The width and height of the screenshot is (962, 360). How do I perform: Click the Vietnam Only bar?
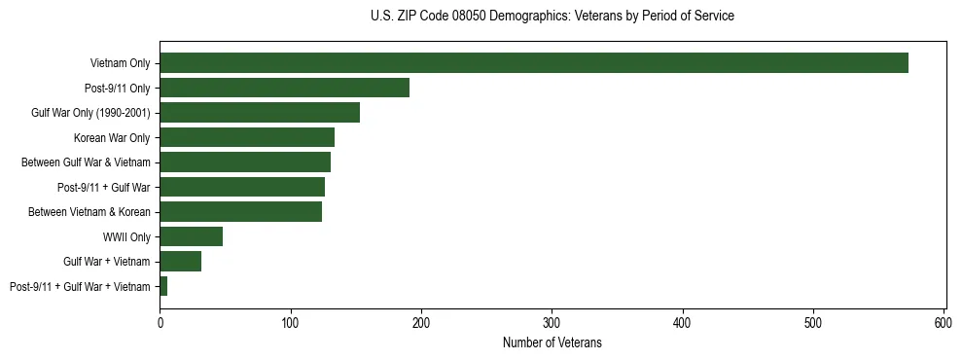pos(533,63)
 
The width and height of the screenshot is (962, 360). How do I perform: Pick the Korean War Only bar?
pos(247,137)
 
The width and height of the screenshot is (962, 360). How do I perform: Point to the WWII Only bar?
pos(191,236)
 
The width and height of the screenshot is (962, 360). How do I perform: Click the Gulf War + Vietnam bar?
pos(180,261)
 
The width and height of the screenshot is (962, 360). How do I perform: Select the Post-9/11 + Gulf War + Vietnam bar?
pos(163,286)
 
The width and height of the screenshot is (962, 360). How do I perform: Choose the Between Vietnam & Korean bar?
pos(240,211)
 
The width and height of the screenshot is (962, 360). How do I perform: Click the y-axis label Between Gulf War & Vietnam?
pos(86,162)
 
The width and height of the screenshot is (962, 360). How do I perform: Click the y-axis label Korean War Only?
pos(112,137)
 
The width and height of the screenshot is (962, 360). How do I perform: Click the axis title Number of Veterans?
pos(552,342)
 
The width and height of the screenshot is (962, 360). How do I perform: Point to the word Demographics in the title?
pos(523,17)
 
